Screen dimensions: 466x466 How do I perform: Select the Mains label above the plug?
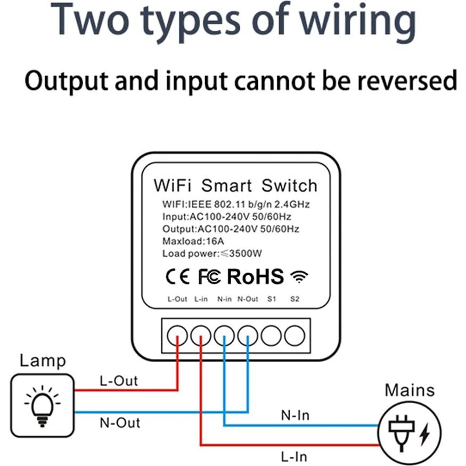click(410, 390)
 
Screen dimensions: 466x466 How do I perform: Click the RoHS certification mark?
click(256, 277)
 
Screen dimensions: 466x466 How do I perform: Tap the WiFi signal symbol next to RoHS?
click(299, 277)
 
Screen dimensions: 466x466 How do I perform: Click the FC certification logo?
click(210, 277)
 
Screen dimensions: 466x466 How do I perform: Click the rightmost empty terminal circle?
click(295, 336)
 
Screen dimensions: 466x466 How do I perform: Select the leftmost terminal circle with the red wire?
click(177, 336)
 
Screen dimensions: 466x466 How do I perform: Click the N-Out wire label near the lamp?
click(120, 423)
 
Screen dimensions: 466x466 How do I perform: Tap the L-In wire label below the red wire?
click(294, 456)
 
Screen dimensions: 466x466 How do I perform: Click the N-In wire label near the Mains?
click(295, 415)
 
